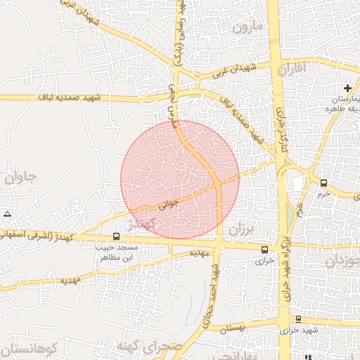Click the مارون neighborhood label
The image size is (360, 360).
coord(248,27)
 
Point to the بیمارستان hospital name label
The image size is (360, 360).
coord(343,98)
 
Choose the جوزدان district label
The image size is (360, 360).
coord(345,261)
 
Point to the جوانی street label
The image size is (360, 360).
coord(169,204)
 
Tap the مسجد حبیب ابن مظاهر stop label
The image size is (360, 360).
coord(120,252)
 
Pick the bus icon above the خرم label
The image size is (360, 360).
coord(323,182)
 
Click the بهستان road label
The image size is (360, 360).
coord(233,327)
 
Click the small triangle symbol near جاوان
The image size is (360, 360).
coord(7,213)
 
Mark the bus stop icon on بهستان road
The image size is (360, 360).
coord(299,319)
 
